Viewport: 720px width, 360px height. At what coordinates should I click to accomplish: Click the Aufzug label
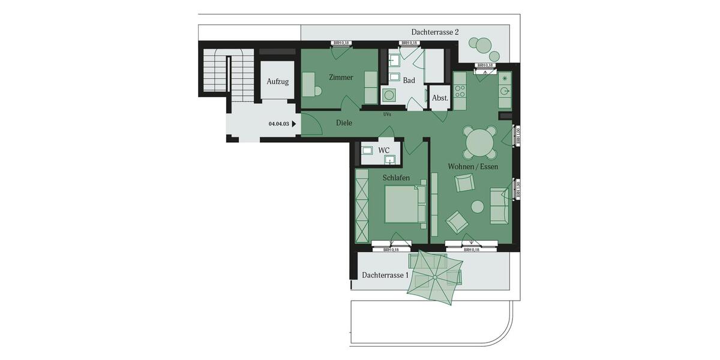tap(278, 82)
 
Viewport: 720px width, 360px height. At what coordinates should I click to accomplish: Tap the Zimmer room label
tap(341, 77)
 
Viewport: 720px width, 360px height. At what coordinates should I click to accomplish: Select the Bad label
tap(409, 80)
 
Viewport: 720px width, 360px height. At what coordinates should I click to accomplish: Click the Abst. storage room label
tap(440, 98)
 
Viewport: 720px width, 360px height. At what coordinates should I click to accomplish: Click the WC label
tap(384, 150)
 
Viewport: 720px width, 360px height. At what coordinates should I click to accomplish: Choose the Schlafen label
tap(396, 178)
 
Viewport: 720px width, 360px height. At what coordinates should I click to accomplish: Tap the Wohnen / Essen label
tap(473, 166)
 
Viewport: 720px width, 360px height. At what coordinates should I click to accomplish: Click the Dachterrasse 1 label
tap(385, 275)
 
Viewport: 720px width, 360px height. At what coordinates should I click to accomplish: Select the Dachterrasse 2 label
tap(435, 32)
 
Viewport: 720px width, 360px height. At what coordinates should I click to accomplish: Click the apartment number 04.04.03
tap(279, 124)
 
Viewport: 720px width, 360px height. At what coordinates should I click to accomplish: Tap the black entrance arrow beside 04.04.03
tap(294, 124)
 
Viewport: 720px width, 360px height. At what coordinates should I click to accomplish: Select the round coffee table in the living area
tap(478, 206)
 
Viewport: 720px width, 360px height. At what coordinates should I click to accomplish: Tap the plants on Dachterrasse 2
tap(480, 45)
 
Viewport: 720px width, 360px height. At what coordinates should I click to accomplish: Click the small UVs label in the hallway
tap(387, 113)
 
